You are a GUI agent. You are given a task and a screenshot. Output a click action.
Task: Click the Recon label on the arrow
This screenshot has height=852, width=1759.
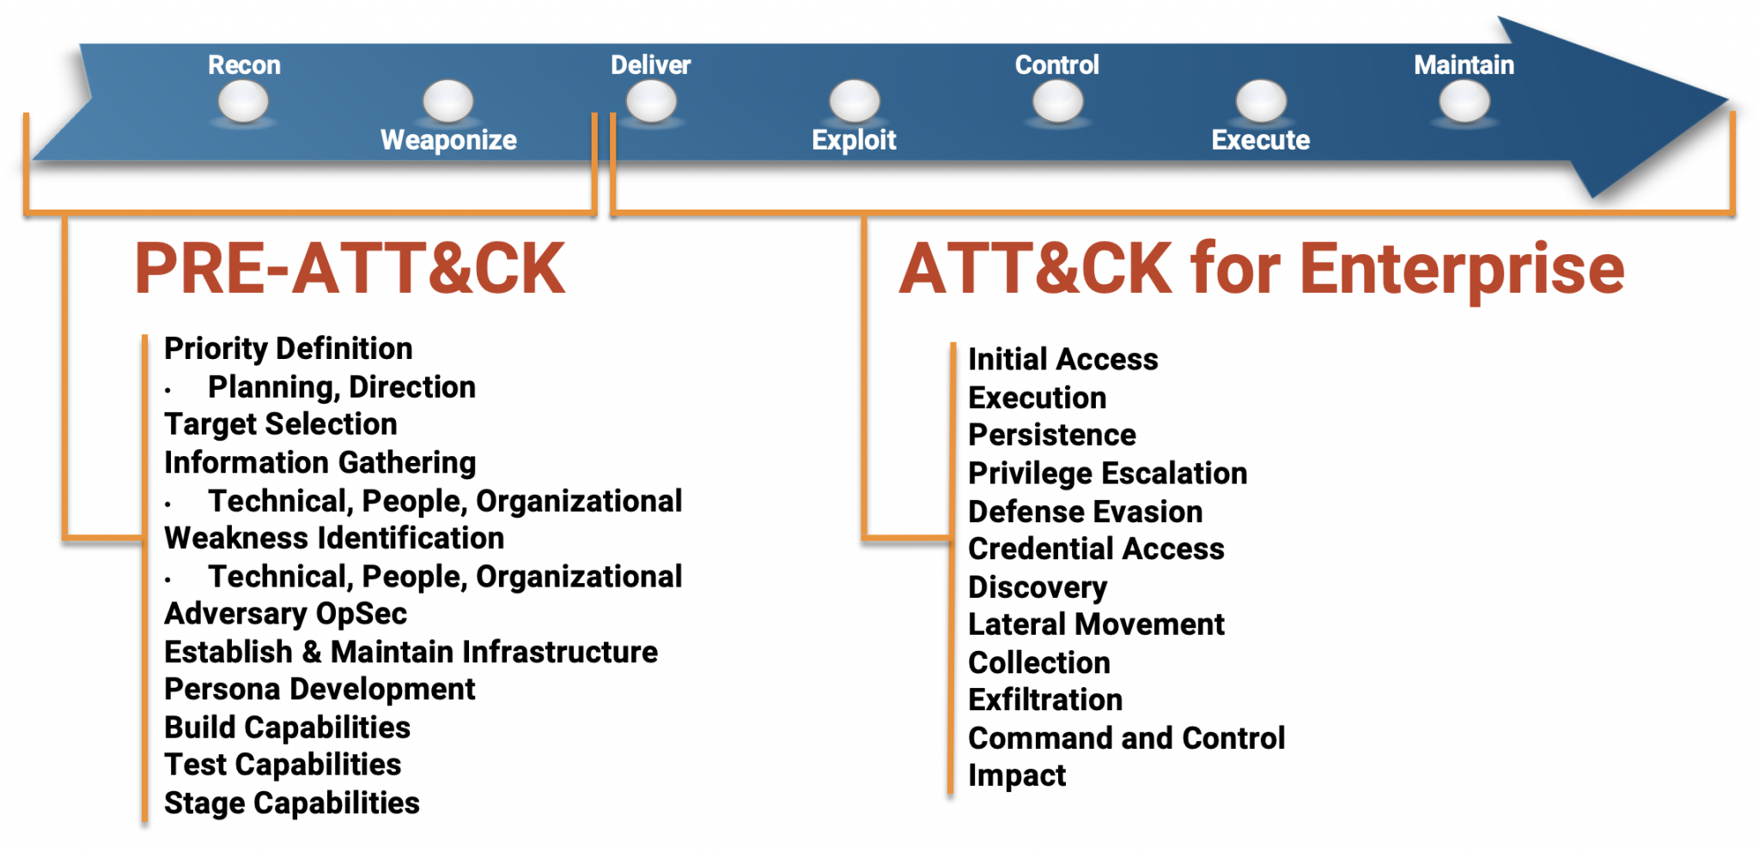coord(244,65)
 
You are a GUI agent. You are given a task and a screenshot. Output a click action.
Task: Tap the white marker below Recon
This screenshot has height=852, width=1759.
coord(244,102)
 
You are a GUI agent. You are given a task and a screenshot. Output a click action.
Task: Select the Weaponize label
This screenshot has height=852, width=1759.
coord(448,140)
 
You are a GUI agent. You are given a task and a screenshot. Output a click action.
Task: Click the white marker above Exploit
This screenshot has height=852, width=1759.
coord(855,101)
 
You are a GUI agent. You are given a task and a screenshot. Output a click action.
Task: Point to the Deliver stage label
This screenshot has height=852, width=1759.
coord(650,65)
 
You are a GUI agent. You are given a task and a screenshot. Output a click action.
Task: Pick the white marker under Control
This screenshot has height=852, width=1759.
coord(1057,102)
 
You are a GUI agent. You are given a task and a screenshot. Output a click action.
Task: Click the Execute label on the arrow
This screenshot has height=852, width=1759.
coord(1260,140)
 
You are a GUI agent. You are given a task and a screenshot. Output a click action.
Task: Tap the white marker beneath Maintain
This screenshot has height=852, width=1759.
coord(1464,102)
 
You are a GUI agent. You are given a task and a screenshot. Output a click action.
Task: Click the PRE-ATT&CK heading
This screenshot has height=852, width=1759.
coord(350,269)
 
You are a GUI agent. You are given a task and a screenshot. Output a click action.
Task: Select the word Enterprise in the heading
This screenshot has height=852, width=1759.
coord(1462,269)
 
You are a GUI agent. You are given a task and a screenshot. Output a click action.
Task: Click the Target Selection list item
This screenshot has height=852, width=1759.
coord(281,424)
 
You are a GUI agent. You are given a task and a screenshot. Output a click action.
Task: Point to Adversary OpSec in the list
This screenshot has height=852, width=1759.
coord(286,614)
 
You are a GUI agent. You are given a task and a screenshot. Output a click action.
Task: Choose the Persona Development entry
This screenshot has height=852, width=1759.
coord(320,690)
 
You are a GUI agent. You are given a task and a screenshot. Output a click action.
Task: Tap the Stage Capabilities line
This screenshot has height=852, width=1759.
coord(292,803)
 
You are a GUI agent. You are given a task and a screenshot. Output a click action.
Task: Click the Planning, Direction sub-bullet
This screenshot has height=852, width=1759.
coord(342,387)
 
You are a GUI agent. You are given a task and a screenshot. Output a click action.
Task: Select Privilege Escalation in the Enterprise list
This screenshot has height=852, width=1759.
coord(1107,473)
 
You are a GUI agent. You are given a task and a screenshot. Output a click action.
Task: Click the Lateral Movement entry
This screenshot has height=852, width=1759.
coord(1096,624)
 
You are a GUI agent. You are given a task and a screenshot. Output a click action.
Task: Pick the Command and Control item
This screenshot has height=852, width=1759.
coord(1126,738)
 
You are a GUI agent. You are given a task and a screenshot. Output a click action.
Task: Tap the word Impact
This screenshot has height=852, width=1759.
coord(1017,776)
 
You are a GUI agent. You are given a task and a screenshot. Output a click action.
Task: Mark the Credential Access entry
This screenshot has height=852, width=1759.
coord(1096,549)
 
